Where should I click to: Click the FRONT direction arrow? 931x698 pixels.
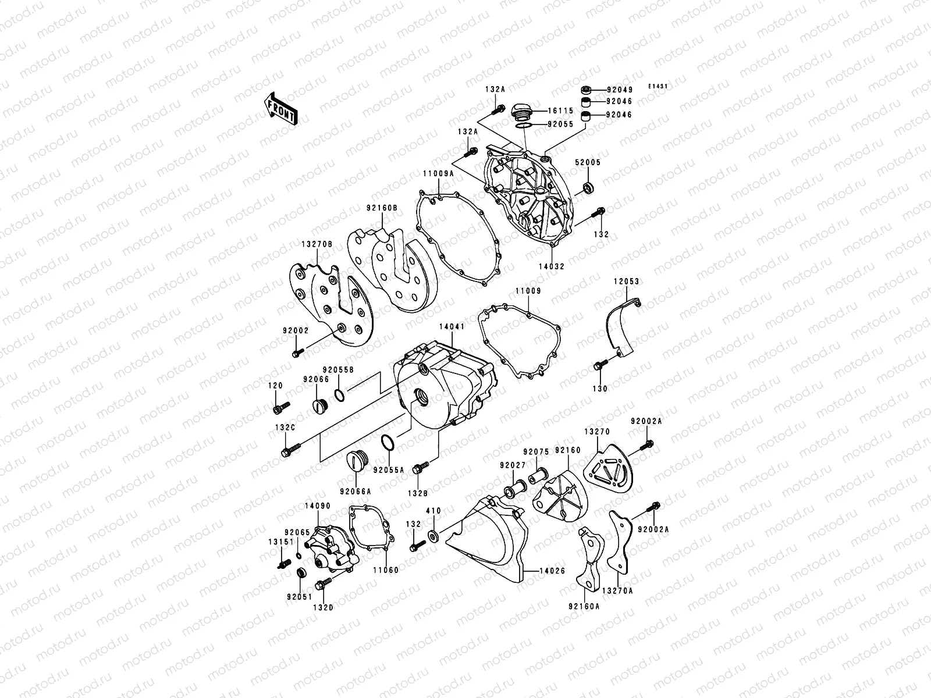click(281, 109)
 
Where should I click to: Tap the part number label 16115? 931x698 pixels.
click(562, 111)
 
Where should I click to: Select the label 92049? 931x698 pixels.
click(619, 90)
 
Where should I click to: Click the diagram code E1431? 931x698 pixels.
click(658, 86)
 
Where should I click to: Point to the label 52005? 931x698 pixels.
click(588, 163)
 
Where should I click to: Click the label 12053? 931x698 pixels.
click(626, 282)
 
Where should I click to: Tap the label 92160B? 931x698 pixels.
click(382, 208)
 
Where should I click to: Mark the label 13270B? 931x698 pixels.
click(317, 245)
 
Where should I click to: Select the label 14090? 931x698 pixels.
click(317, 506)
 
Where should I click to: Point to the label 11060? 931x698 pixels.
click(386, 570)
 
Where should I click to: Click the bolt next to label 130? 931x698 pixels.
click(600, 366)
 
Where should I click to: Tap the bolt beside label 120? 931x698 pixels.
click(280, 408)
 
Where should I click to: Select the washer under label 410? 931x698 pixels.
click(433, 533)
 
